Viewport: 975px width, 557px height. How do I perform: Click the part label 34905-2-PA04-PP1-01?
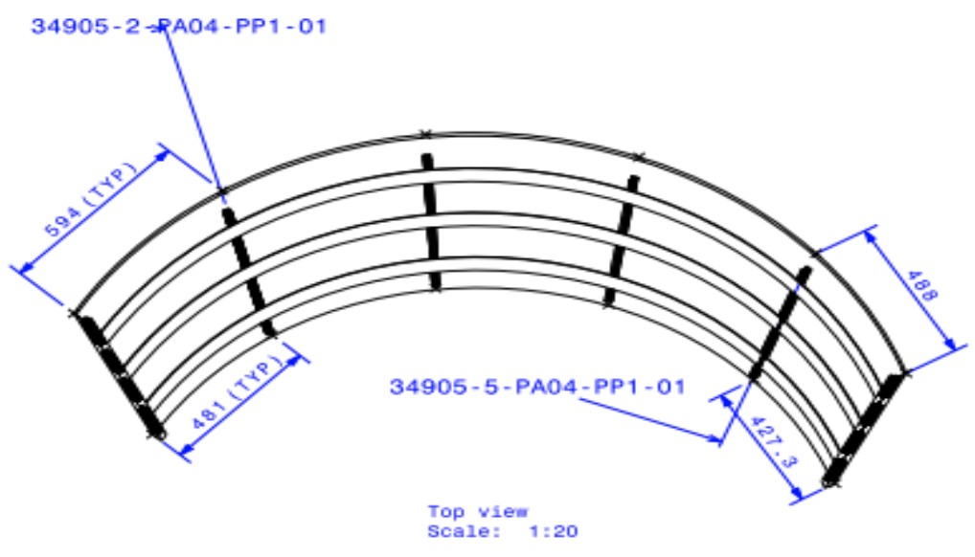point(179,27)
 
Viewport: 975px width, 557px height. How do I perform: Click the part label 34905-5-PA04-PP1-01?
point(537,387)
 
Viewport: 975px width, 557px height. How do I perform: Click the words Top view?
point(477,512)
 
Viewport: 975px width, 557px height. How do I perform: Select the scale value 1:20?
point(553,531)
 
